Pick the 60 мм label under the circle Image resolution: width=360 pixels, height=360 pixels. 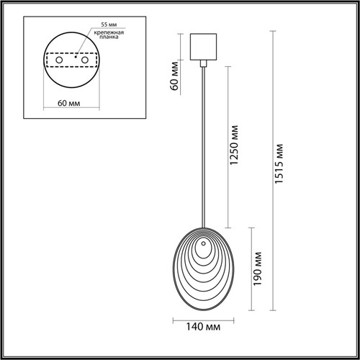point(68,103)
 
